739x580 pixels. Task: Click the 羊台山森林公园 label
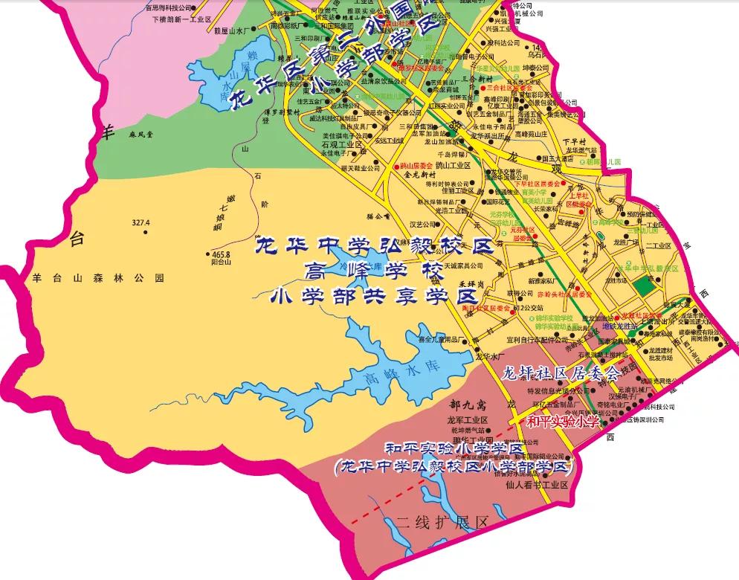click(97, 278)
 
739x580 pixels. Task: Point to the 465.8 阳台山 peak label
click(221, 258)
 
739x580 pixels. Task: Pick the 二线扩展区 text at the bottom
click(442, 523)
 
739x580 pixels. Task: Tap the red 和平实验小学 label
click(563, 422)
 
